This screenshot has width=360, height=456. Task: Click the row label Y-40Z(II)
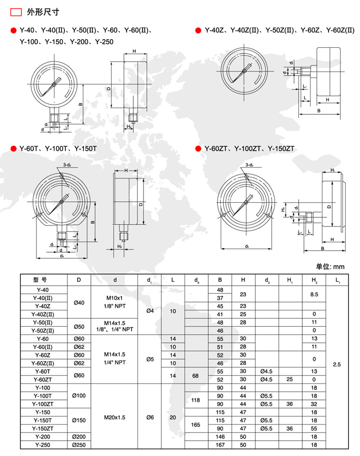click(43, 314)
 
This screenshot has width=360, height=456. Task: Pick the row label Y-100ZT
click(43, 404)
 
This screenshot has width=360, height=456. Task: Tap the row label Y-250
click(43, 445)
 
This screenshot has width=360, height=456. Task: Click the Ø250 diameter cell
click(79, 445)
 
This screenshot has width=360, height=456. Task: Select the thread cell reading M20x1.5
click(115, 416)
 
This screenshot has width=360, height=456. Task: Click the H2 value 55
click(314, 429)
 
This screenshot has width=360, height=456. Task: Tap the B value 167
click(220, 445)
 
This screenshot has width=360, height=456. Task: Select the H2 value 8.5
click(314, 294)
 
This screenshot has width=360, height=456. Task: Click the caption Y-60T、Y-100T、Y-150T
click(58, 149)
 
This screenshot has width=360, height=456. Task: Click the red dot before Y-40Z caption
click(198, 31)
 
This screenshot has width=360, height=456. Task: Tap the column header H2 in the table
click(314, 280)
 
